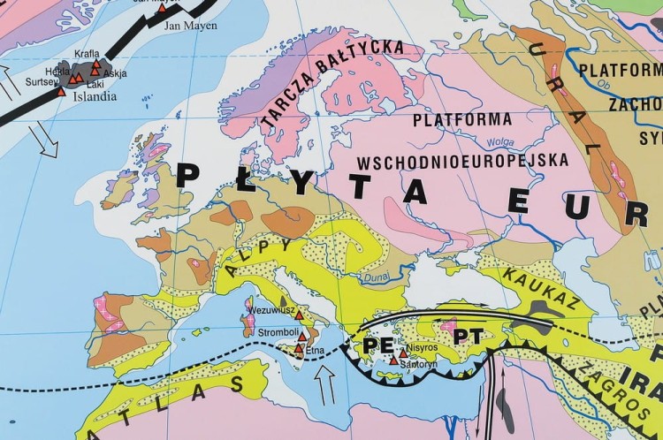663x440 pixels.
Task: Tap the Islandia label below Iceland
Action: click(x=93, y=97)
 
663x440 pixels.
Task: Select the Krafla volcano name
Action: click(x=87, y=53)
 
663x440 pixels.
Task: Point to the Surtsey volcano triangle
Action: click(x=61, y=91)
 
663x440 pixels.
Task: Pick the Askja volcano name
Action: click(x=115, y=72)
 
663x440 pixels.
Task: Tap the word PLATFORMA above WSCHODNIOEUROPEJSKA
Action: click(x=462, y=119)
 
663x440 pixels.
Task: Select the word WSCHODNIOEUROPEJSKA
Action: click(x=462, y=162)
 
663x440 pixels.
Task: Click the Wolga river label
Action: click(x=501, y=140)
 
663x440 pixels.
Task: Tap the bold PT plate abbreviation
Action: click(x=468, y=338)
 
